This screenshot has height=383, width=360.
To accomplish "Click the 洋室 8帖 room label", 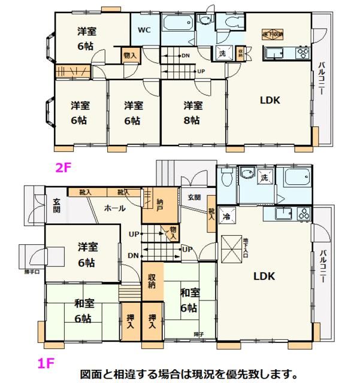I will point(192,112).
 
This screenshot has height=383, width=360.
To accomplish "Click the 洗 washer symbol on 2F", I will point(221,52).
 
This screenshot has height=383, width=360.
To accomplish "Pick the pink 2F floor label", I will point(63,168).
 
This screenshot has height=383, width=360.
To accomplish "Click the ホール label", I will point(114,208).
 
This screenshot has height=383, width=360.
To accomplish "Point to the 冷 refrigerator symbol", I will point(227,217).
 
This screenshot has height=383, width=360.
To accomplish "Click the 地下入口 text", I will point(245,247).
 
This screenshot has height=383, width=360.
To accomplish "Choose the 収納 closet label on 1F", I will point(153,281).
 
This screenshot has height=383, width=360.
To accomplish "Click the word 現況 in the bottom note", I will point(216,375).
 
